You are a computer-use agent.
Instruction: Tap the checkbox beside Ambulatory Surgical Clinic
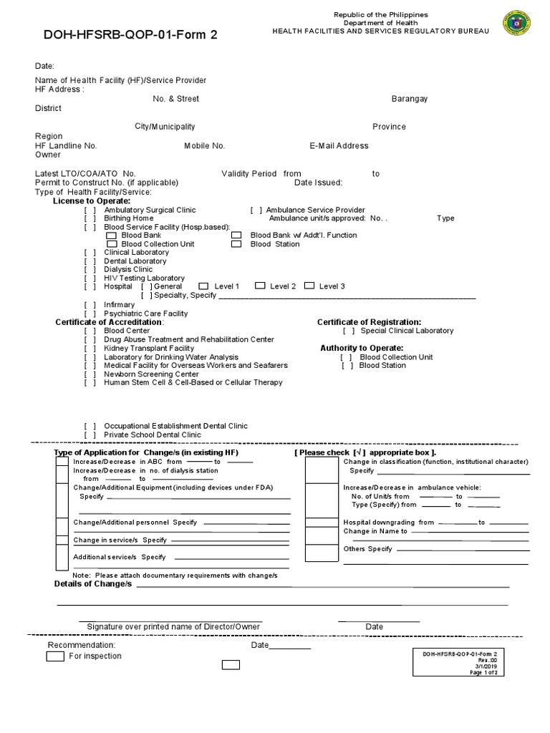tap(90, 210)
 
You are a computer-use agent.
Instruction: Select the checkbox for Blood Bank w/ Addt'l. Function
tap(236, 236)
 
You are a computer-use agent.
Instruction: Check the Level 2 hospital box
tap(260, 286)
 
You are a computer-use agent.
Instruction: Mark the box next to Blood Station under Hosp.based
tap(236, 244)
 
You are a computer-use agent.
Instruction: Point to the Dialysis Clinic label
tap(128, 270)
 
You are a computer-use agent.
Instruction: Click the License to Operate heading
tap(92, 201)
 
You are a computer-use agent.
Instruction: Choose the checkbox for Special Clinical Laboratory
tap(349, 331)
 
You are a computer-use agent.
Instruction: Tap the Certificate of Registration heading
tap(369, 322)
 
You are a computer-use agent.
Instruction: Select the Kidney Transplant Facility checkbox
tap(90, 348)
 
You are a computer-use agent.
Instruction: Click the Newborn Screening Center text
tap(151, 374)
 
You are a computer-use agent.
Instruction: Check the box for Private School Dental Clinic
tap(90, 435)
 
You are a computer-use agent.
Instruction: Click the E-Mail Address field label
tap(339, 146)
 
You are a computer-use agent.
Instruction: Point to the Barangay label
tap(409, 99)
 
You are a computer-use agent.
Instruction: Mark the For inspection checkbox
tap(56, 656)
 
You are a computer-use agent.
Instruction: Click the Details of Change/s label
tap(93, 584)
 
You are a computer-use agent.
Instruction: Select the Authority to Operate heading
tap(362, 348)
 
